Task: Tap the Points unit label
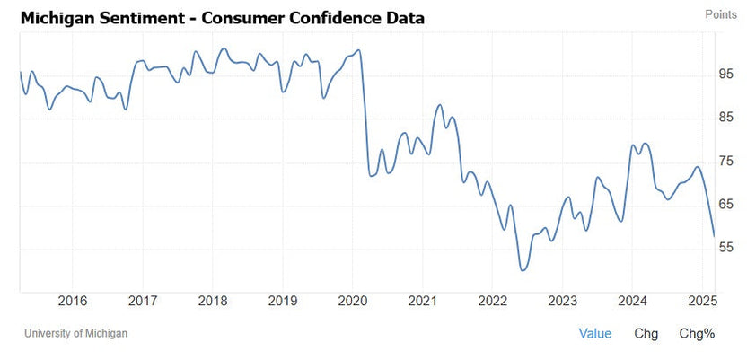coord(721,14)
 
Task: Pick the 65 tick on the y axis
coord(726,205)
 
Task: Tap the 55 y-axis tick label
coord(726,248)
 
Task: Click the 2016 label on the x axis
coord(72,301)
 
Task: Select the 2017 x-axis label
coord(142,301)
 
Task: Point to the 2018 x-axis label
coord(212,301)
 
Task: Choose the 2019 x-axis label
coord(282,301)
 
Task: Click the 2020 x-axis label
coord(352,301)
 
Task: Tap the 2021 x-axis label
coord(422,301)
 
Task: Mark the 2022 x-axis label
coord(492,301)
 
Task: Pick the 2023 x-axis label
coord(562,301)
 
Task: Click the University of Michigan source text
coord(75,334)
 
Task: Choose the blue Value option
coord(594,334)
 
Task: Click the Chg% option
coord(697,334)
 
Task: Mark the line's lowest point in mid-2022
coord(522,270)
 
